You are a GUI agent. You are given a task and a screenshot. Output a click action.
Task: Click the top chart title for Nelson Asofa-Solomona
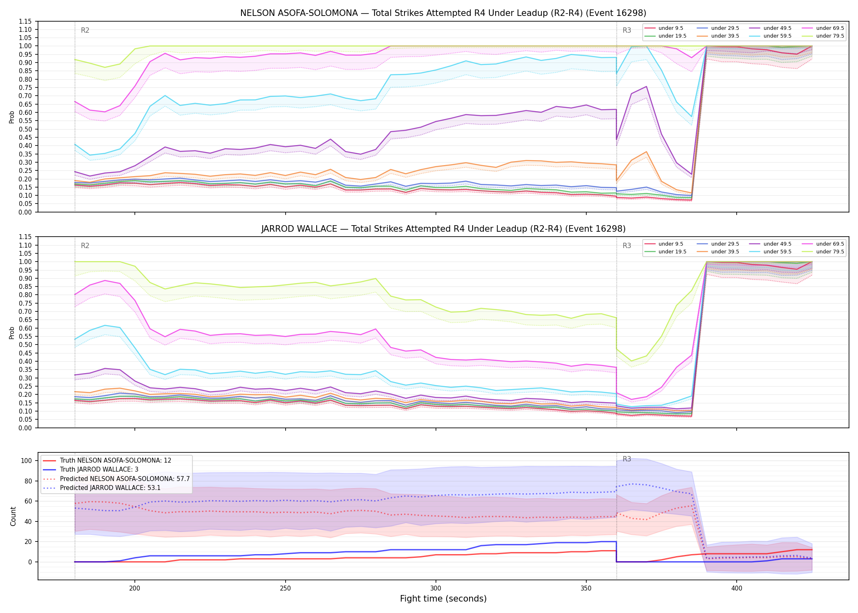point(443,13)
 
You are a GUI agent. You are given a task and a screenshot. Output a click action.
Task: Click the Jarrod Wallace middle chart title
point(443,229)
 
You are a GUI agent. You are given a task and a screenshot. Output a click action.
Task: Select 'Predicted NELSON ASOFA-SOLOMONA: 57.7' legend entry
point(116,479)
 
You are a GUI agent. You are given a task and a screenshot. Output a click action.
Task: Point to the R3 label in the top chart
point(627,30)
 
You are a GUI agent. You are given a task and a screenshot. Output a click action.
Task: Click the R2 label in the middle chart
point(85,246)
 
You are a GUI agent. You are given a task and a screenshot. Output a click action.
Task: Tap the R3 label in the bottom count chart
point(627,459)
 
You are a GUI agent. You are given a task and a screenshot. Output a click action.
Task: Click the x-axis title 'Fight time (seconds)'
point(443,599)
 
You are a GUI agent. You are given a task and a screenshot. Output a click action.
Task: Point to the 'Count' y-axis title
point(13,516)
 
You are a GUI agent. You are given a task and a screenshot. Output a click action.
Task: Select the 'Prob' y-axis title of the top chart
point(12,117)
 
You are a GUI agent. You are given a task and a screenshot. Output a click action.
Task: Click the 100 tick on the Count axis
point(26,461)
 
